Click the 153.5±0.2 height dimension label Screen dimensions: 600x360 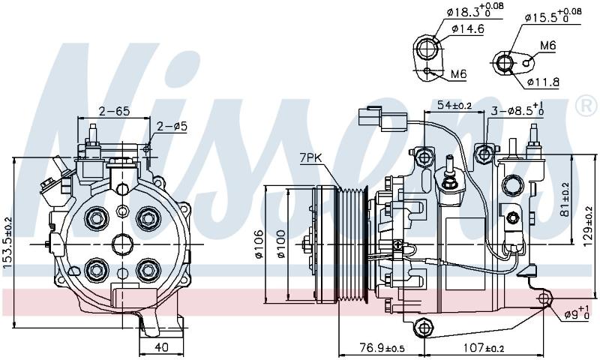pyautogui.click(x=7, y=247)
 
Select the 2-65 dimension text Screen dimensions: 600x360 pyautogui.click(x=115, y=111)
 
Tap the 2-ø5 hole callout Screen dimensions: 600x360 pyautogui.click(x=172, y=126)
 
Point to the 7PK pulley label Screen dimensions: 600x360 pyautogui.click(x=310, y=158)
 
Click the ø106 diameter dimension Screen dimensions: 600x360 pyautogui.click(x=259, y=244)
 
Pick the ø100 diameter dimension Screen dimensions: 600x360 pyautogui.click(x=281, y=244)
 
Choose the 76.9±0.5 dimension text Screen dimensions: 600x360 pyautogui.click(x=382, y=348)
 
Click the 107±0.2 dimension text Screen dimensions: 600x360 pyautogui.click(x=484, y=348)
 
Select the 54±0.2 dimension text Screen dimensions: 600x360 pyautogui.click(x=454, y=105)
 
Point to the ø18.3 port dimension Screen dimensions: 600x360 pyautogui.click(x=475, y=10)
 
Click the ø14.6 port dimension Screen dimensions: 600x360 pyautogui.click(x=467, y=28)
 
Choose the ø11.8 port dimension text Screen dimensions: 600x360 pyautogui.click(x=543, y=82)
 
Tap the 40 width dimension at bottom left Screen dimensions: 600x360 pyautogui.click(x=161, y=347)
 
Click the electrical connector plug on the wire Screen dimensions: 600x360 pyautogui.click(x=382, y=118)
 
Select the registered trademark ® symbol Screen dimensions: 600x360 pyautogui.click(x=586, y=106)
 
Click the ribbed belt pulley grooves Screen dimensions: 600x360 pyautogui.click(x=352, y=244)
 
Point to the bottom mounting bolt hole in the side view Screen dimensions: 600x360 pyautogui.click(x=423, y=328)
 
